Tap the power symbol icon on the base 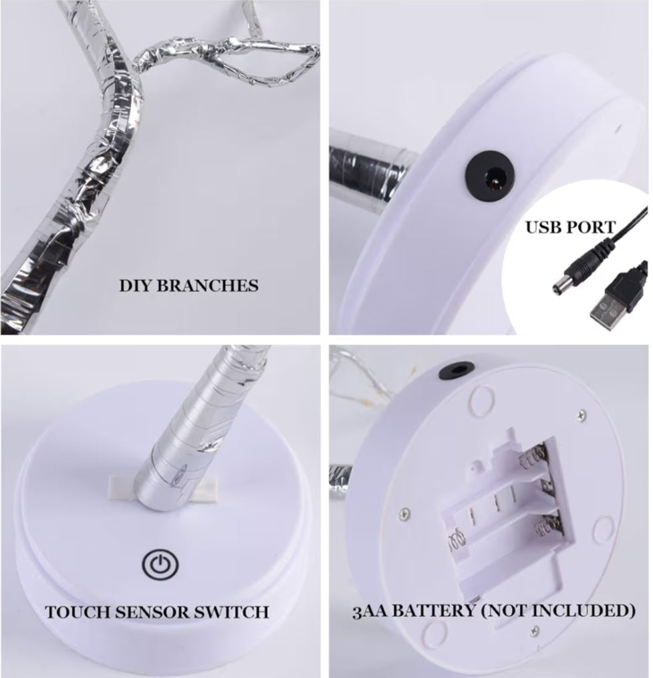coord(160,564)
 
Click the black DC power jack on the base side coord(490,175)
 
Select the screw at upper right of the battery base coord(582,415)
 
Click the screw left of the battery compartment coord(404,514)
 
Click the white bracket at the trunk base coord(164,487)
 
